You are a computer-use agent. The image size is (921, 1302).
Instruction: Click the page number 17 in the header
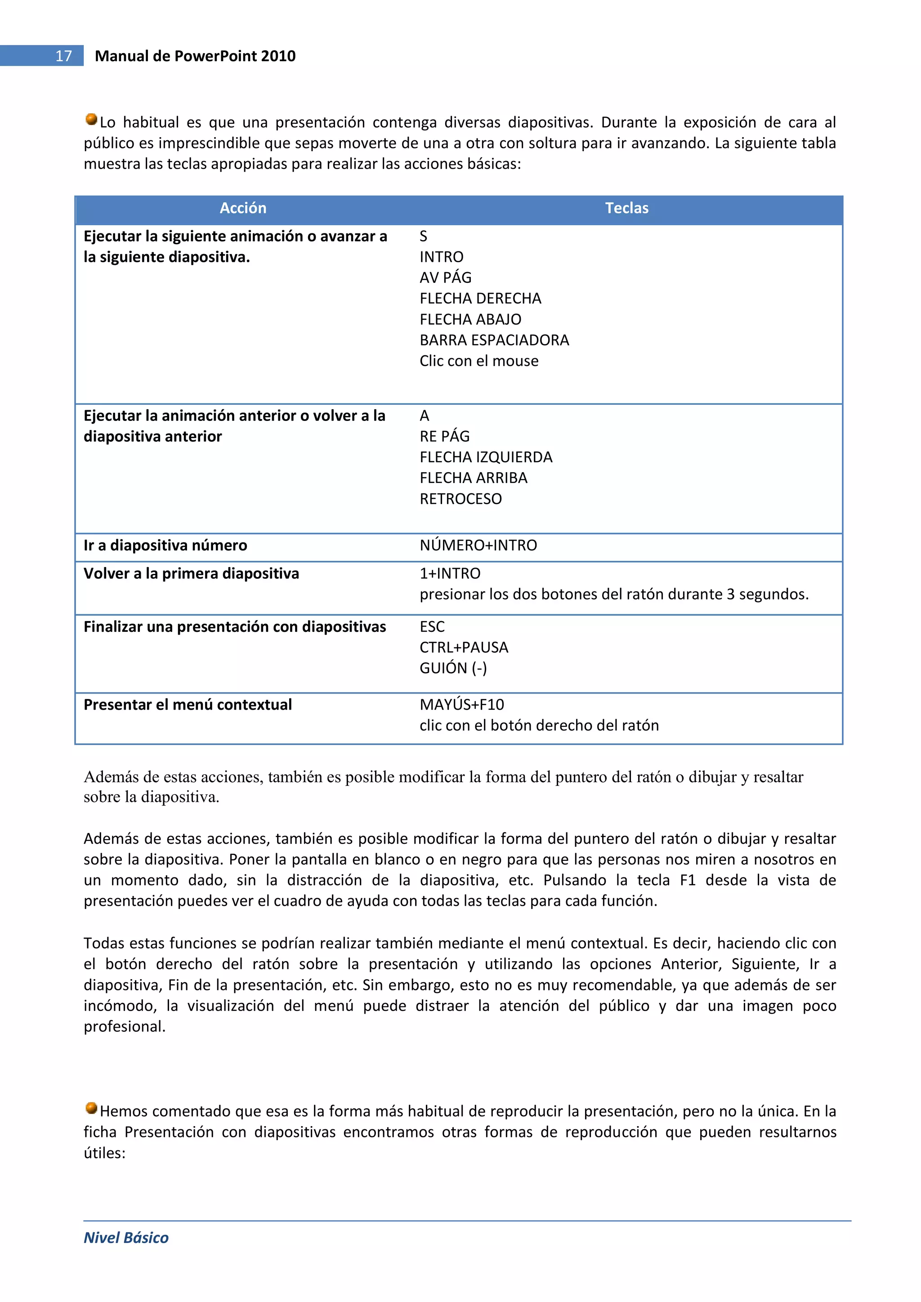click(63, 56)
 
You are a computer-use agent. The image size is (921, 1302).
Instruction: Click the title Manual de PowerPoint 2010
click(195, 56)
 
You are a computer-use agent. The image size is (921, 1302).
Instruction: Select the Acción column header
click(243, 208)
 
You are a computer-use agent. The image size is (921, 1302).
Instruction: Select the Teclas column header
click(626, 208)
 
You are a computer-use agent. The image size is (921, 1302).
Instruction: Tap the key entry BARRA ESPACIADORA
click(494, 340)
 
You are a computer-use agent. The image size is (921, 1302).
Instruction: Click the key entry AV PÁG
click(445, 278)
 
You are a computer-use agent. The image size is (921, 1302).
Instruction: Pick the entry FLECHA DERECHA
click(480, 298)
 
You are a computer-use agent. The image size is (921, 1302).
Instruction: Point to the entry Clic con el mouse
click(478, 361)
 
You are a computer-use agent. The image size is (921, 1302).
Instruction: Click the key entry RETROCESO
click(460, 499)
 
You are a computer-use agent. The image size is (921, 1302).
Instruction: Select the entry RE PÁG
click(445, 437)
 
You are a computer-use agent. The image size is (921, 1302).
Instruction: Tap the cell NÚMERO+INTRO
click(478, 546)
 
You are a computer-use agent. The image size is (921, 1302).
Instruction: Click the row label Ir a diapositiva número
click(165, 546)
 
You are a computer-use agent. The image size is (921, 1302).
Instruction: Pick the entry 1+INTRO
click(450, 574)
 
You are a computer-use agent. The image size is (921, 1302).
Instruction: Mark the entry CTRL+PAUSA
click(464, 648)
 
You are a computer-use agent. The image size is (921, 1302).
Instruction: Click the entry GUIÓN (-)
click(453, 669)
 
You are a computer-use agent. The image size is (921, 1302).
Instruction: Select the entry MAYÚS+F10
click(462, 705)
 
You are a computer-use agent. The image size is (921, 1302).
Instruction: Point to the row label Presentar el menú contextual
click(188, 705)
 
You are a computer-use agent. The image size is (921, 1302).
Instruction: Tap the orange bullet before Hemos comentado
click(91, 1108)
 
